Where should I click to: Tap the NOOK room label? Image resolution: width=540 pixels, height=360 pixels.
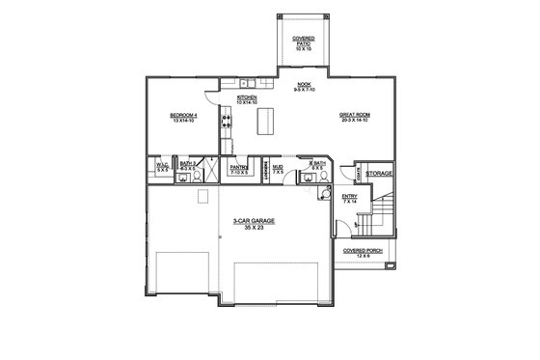(305, 84)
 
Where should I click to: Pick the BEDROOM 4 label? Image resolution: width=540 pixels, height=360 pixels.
(182, 117)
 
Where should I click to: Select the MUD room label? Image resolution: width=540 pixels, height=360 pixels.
(278, 167)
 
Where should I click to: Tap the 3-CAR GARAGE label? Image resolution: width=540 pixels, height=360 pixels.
(255, 221)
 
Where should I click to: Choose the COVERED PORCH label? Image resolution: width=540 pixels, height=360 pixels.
(363, 250)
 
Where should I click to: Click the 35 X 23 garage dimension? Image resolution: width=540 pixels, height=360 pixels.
(255, 228)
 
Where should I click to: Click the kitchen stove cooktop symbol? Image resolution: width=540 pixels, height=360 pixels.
(227, 122)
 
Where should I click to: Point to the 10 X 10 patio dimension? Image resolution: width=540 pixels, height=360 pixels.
(304, 46)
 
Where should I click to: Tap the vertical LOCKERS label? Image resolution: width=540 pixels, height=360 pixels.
(265, 170)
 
